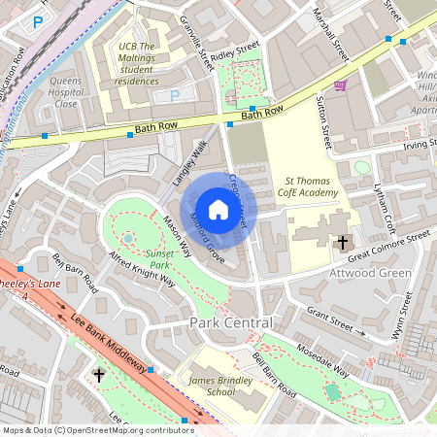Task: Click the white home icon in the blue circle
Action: click(218, 209)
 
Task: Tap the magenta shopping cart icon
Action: click(341, 86)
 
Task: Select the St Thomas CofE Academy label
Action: click(311, 186)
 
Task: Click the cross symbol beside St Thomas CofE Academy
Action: click(343, 242)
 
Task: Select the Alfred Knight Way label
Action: click(141, 268)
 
